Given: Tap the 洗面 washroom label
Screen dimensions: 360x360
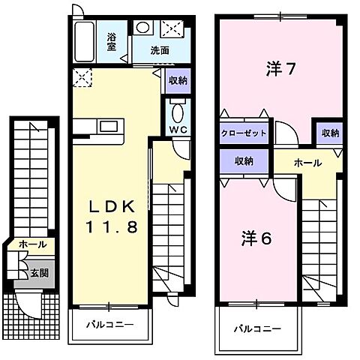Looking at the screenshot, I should tap(158, 51).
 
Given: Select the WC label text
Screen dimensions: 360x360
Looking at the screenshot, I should tap(177, 129).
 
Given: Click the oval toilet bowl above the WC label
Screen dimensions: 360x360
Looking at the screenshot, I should tap(177, 111).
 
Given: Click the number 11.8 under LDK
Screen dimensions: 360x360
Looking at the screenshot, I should tap(111, 227).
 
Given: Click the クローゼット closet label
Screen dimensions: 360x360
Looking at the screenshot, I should tap(244, 133).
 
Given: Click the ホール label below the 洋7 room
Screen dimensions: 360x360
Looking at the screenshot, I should tap(307, 163).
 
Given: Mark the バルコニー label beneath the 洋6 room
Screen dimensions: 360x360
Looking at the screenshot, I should tap(256, 328).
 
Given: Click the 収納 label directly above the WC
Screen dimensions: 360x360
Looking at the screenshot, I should tap(178, 80).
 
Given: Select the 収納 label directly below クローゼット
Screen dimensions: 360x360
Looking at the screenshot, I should tap(243, 160).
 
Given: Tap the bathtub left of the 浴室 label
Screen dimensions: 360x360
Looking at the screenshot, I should tap(85, 43).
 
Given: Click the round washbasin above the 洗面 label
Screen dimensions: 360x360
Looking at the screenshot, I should tap(143, 28).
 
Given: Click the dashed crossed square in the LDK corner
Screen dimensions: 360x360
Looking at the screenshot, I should tap(81, 77).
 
